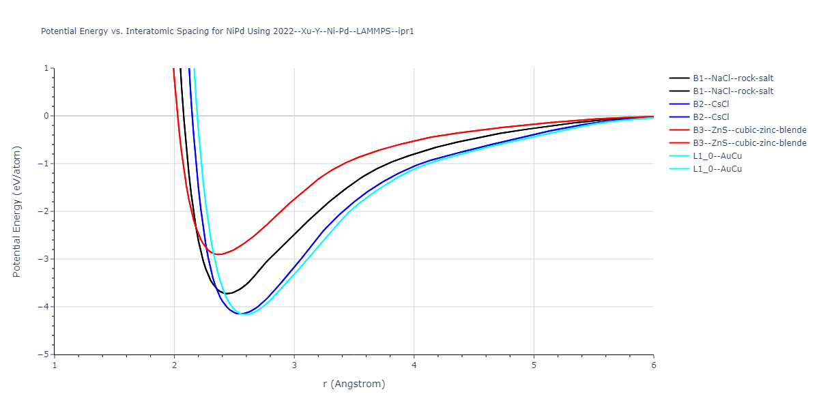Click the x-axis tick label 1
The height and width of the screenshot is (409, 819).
[x=55, y=365]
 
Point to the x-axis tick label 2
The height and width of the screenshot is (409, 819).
[x=174, y=365]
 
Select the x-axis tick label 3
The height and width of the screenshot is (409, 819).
[x=294, y=365]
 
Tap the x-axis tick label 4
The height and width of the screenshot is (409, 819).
[x=414, y=365]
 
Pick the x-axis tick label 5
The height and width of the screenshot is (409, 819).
[x=534, y=365]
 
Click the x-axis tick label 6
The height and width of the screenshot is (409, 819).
[x=654, y=365]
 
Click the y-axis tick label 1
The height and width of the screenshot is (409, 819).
[x=46, y=68]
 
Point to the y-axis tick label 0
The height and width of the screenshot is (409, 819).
[x=46, y=116]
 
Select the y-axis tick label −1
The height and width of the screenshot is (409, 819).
[x=44, y=164]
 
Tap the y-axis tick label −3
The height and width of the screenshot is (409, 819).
[x=44, y=259]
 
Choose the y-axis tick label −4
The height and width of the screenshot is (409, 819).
[x=44, y=307]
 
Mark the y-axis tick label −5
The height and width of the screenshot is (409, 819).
[x=44, y=354]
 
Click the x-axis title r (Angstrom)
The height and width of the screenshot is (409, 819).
[x=354, y=384]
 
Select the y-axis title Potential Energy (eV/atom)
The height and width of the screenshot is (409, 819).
[x=17, y=211]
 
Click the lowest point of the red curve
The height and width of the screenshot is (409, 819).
[x=218, y=254]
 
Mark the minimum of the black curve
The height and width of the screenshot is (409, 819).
[x=227, y=294]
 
